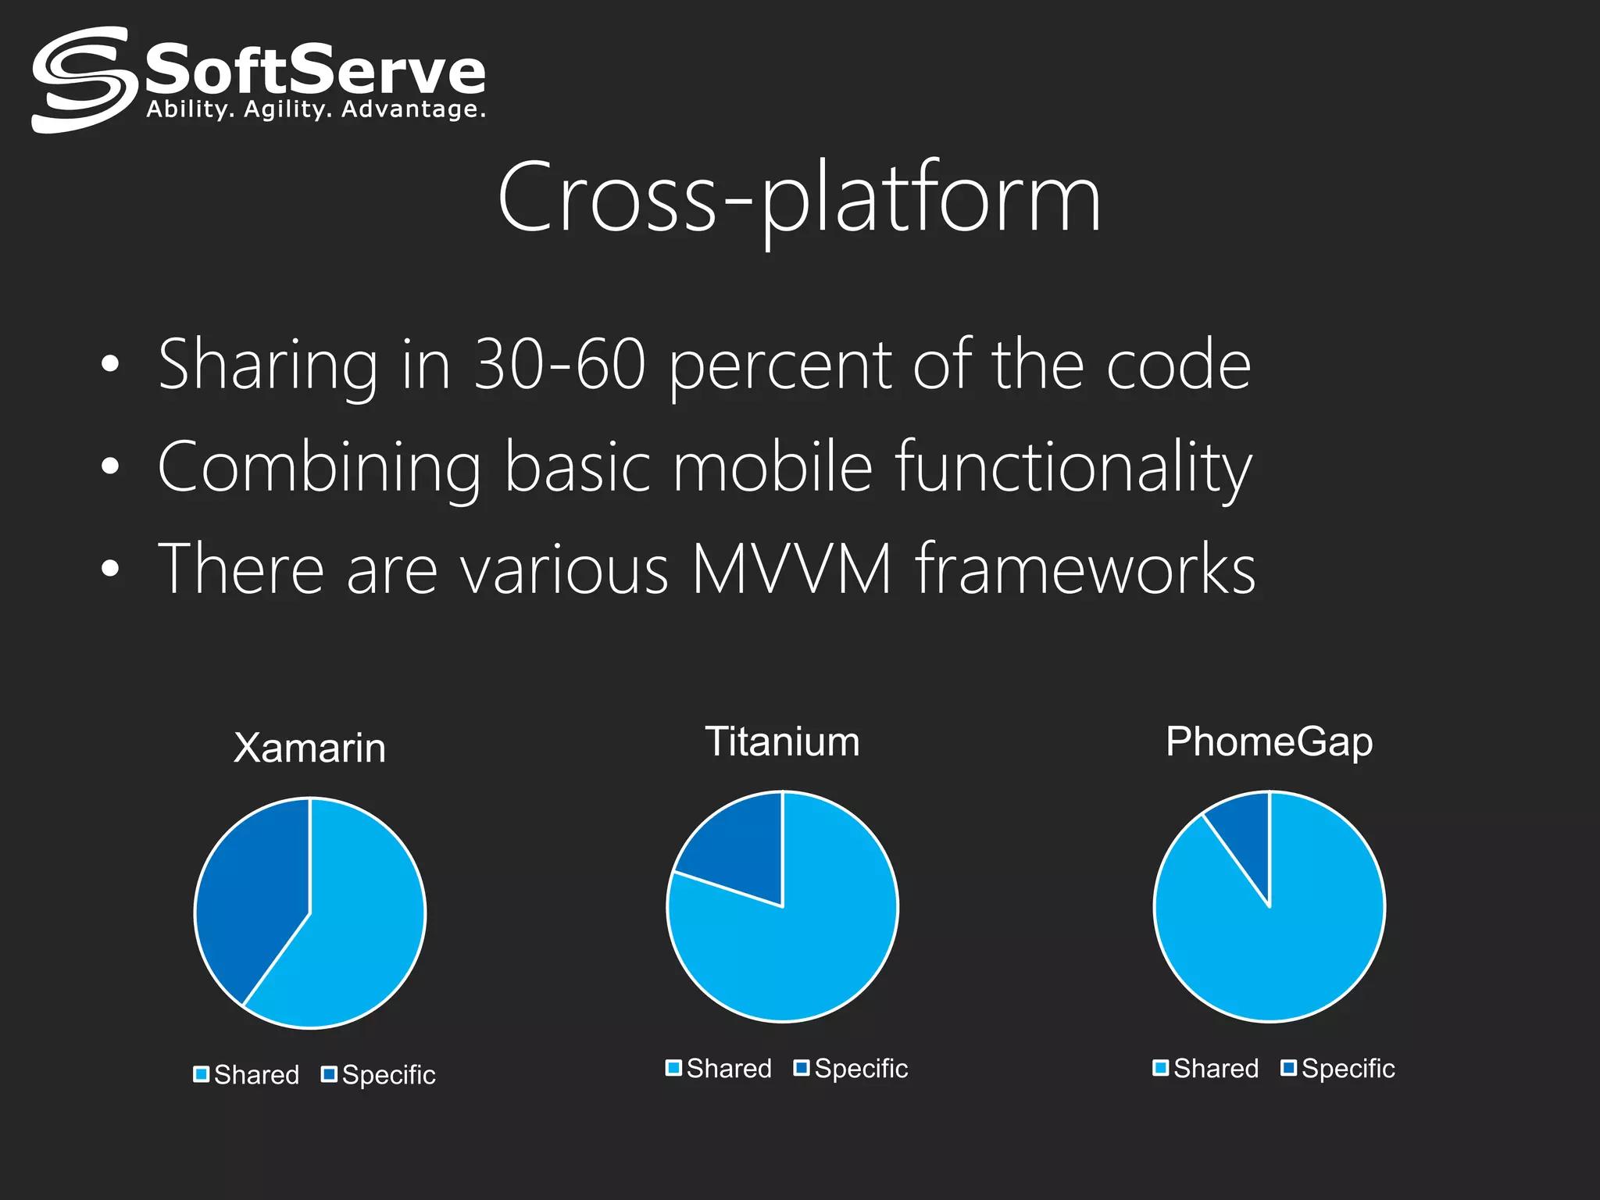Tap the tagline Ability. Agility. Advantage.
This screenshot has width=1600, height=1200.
pos(316,109)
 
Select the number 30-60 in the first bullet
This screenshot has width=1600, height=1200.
pos(560,364)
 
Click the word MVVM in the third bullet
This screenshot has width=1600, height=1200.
pos(791,569)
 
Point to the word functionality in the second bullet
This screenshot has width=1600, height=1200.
pos(1073,466)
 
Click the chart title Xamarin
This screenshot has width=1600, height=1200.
pos(309,748)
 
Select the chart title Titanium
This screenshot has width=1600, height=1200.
pos(782,741)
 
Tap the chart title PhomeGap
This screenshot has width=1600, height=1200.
pos(1269,741)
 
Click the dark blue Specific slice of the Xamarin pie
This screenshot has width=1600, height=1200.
pos(250,891)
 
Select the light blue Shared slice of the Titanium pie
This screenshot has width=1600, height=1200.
pos(805,953)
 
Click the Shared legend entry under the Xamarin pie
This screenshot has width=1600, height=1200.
pos(247,1075)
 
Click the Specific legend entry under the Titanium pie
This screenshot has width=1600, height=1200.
pos(851,1069)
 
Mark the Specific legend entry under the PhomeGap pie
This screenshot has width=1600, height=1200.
pos(1337,1069)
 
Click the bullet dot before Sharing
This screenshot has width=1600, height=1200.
pos(110,364)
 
